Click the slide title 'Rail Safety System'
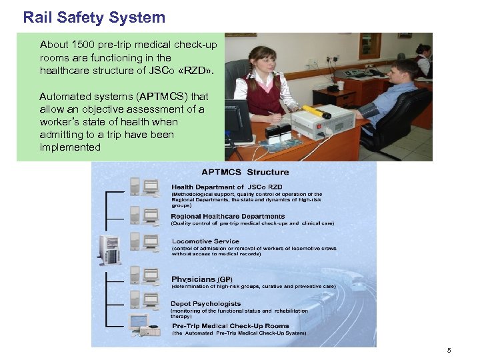point(94,17)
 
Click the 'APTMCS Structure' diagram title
point(245,172)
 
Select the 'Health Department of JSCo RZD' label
point(227,187)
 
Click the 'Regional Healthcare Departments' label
point(228,217)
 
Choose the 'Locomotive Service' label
point(205,241)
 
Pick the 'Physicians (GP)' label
point(202,279)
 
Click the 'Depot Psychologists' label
point(206,304)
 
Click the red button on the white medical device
point(325,116)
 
